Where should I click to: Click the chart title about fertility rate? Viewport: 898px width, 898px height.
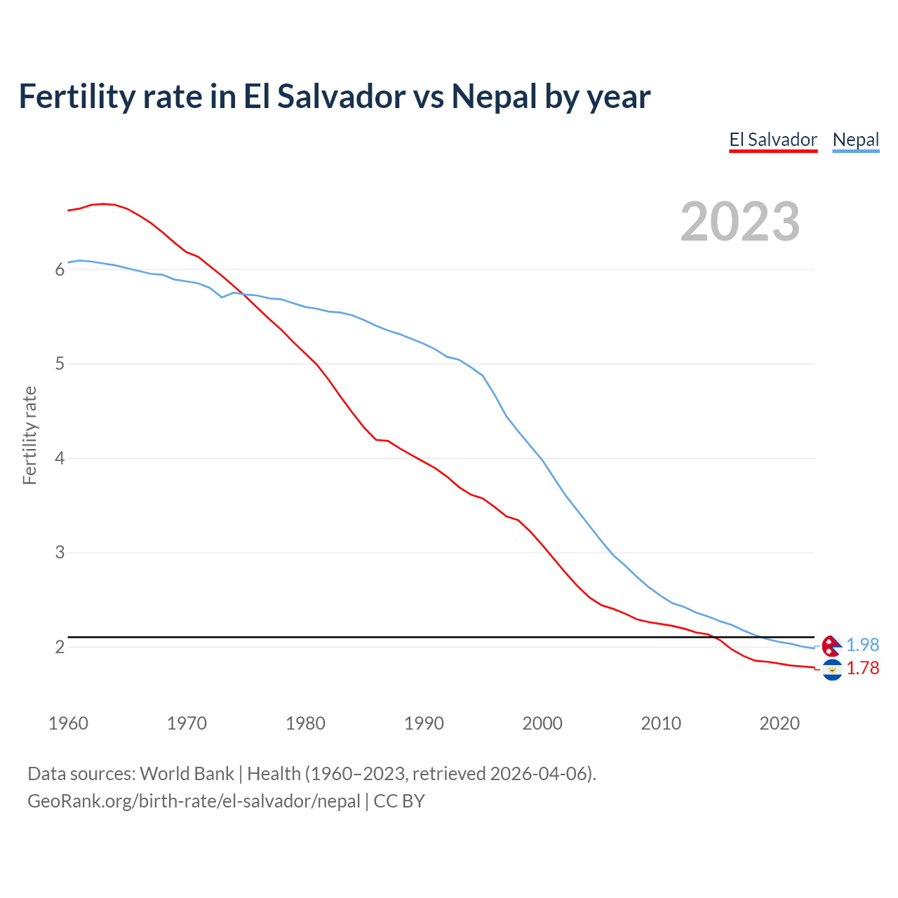point(334,97)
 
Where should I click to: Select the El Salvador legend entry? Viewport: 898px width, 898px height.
point(773,140)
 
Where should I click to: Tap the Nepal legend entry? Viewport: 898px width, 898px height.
point(855,140)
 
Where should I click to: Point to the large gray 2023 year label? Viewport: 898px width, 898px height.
point(739,222)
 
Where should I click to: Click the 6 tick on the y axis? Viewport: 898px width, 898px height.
point(60,270)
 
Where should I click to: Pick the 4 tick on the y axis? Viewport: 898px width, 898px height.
point(60,459)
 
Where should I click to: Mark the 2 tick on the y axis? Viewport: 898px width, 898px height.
point(60,647)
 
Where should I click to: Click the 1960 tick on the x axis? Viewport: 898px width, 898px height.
point(68,723)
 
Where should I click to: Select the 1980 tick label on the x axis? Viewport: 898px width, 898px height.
point(305,723)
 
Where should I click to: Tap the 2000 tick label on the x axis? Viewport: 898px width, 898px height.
point(542,723)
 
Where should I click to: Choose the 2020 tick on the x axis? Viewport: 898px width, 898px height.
point(779,723)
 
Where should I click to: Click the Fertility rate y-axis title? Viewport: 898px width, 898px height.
point(29,435)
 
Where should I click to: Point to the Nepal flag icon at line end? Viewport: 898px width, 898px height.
point(832,645)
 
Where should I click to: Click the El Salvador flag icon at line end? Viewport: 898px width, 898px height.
point(832,670)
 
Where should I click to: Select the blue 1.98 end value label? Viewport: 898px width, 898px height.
point(862,645)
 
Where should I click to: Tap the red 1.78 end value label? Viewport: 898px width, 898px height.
point(862,669)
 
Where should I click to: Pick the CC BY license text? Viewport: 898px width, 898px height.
point(399,801)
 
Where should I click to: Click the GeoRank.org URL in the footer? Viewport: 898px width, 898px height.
point(194,801)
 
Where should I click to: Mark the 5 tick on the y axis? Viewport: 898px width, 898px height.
point(60,364)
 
